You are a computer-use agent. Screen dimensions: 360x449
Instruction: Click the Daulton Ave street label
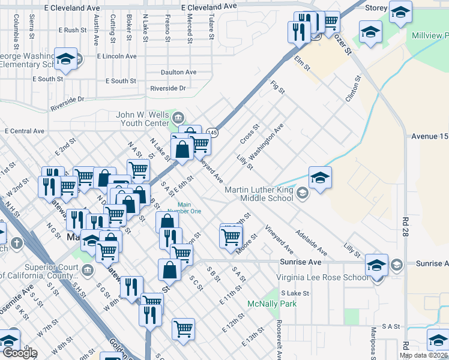[178, 72]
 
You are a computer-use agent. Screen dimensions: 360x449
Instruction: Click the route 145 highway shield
[212, 132]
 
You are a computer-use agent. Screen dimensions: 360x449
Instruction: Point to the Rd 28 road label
[406, 226]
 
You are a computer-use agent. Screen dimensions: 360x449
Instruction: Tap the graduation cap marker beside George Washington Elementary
[65, 59]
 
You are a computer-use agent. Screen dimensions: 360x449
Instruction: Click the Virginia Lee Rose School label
[322, 277]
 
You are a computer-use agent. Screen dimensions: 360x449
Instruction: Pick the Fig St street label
[277, 88]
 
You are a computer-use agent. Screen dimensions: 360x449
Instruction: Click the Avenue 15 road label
[430, 136]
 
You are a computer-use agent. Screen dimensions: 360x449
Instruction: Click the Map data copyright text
[423, 355]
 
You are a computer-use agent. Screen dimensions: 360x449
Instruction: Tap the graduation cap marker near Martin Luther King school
[320, 178]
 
